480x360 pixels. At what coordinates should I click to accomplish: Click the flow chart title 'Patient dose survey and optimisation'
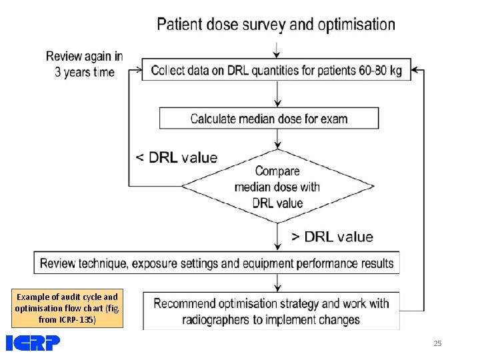275,25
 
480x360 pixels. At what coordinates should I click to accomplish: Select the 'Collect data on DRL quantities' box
276,70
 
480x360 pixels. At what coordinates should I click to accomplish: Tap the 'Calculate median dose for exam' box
269,119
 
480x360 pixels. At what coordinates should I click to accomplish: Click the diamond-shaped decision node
277,187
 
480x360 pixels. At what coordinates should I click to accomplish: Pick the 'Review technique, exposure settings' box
217,263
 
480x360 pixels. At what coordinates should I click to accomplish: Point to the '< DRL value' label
176,158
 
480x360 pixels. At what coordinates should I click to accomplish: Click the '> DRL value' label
332,237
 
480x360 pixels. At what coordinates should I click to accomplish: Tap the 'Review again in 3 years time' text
85,64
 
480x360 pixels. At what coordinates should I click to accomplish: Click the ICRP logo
33,343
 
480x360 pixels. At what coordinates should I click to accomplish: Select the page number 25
437,343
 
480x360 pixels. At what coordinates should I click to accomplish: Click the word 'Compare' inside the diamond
277,171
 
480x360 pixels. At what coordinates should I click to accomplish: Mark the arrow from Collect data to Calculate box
277,95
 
